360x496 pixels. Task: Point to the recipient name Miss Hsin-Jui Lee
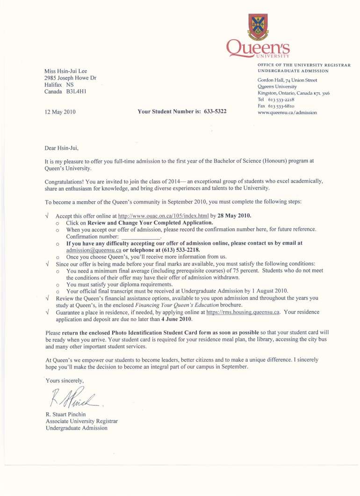click(x=65, y=71)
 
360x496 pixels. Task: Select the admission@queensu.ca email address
click(x=94, y=250)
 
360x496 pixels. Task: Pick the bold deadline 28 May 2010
click(x=234, y=216)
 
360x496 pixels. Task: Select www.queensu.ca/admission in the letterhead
click(x=287, y=112)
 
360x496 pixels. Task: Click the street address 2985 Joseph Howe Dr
click(x=70, y=78)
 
